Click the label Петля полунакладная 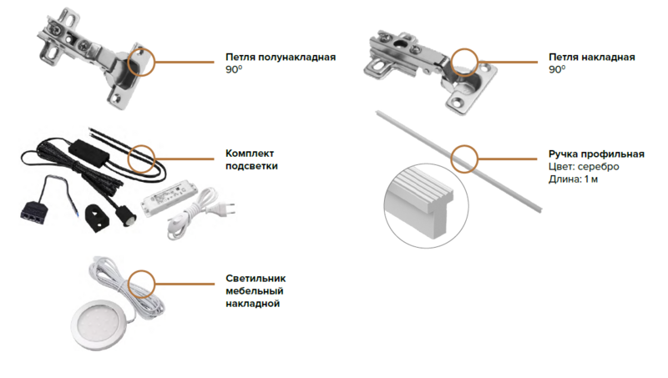tap(281, 58)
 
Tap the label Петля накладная tap(592, 58)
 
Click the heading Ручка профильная tap(596, 154)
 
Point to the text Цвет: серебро tap(584, 168)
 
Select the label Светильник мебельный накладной tap(254, 291)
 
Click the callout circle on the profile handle tap(464, 156)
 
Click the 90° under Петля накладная tap(556, 71)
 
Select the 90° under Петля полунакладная tap(233, 71)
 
